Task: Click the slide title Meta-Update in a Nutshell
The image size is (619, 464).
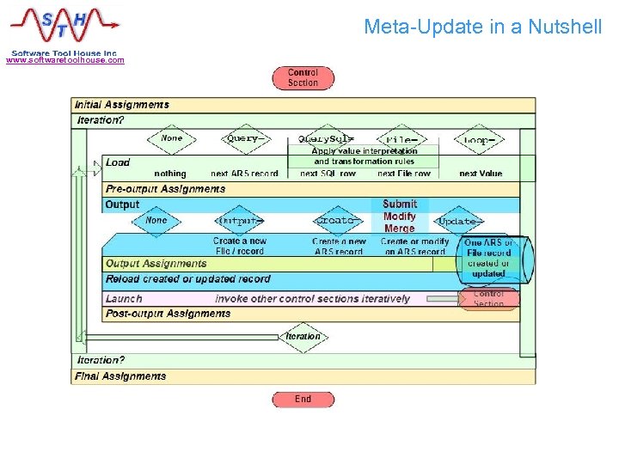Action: click(x=482, y=27)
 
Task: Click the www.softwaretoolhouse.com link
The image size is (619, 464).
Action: click(x=65, y=60)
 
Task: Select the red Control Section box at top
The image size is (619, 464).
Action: click(x=303, y=78)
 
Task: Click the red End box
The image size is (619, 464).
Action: click(x=303, y=399)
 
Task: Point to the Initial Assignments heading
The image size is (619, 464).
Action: click(x=122, y=105)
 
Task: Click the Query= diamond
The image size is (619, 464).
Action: click(x=244, y=138)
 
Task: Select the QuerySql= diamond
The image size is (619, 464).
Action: click(x=326, y=138)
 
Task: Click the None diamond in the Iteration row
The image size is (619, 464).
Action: click(x=172, y=138)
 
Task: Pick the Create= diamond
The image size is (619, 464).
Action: click(x=335, y=221)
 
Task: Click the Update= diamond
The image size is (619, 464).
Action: click(x=457, y=221)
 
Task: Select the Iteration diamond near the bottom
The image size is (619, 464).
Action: click(x=303, y=337)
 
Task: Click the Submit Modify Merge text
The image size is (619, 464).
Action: click(x=400, y=217)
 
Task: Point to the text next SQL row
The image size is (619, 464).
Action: click(x=328, y=174)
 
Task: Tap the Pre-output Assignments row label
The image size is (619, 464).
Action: click(x=165, y=189)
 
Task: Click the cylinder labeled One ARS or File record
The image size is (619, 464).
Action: click(x=488, y=257)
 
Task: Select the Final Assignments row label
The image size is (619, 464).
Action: click(x=120, y=376)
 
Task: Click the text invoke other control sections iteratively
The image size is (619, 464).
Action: click(x=313, y=299)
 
